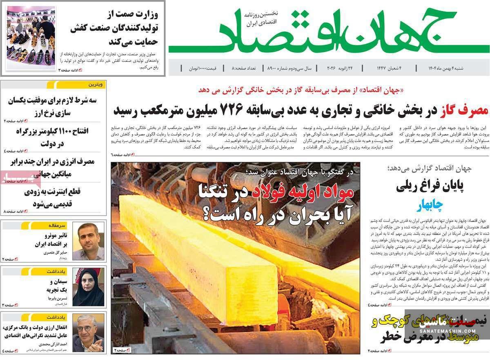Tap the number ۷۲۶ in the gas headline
click(232, 109)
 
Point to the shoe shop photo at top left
click(31, 38)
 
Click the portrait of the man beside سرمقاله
click(88, 241)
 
